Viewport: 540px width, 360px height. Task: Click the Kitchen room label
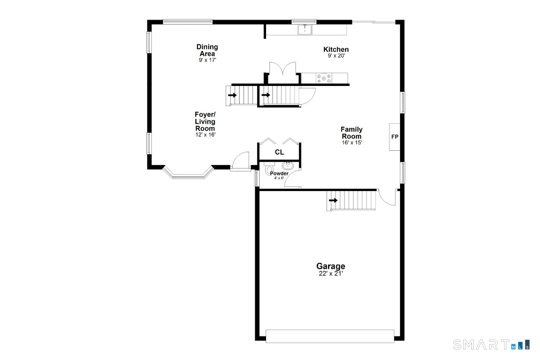pyautogui.click(x=336, y=49)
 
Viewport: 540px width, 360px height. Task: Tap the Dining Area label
pyautogui.click(x=207, y=50)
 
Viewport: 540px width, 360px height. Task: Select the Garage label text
pyautogui.click(x=330, y=266)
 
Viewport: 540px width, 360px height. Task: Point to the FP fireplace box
pyautogui.click(x=395, y=137)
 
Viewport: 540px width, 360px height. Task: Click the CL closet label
pyautogui.click(x=279, y=152)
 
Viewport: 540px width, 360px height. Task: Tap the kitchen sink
pyautogui.click(x=305, y=29)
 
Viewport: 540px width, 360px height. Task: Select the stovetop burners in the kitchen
pyautogui.click(x=324, y=78)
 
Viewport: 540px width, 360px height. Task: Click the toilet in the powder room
pyautogui.click(x=269, y=169)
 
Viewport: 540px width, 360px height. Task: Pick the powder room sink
pyautogui.click(x=288, y=166)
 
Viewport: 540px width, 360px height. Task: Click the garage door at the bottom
pyautogui.click(x=330, y=336)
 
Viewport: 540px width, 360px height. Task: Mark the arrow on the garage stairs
pyautogui.click(x=333, y=200)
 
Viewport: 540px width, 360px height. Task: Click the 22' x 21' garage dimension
pyautogui.click(x=330, y=274)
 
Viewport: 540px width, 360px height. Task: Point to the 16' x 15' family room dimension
pyautogui.click(x=351, y=142)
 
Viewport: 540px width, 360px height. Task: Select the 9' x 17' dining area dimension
pyautogui.click(x=207, y=60)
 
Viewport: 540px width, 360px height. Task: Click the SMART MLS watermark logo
pyautogui.click(x=491, y=344)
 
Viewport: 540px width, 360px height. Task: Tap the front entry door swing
pyautogui.click(x=241, y=161)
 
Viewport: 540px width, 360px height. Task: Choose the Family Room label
pyautogui.click(x=351, y=133)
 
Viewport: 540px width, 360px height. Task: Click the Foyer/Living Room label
pyautogui.click(x=205, y=121)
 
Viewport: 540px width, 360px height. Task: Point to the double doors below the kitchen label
pyautogui.click(x=282, y=73)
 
